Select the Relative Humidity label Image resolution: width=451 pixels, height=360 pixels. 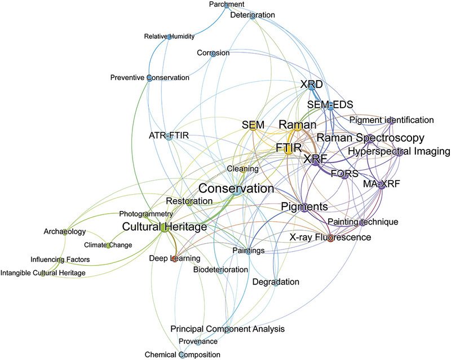pyautogui.click(x=169, y=37)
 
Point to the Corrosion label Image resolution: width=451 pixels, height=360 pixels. pyautogui.click(x=213, y=53)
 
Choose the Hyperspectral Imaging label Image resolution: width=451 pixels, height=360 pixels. pyautogui.click(x=399, y=151)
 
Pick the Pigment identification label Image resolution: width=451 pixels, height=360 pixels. pyautogui.click(x=392, y=120)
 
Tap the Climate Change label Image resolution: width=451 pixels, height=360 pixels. pyautogui.click(x=108, y=245)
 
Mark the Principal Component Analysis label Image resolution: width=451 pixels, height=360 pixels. pyautogui.click(x=228, y=329)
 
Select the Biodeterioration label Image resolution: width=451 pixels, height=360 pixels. pyautogui.click(x=220, y=270)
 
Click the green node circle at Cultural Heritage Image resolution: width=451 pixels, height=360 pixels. pyautogui.click(x=163, y=228)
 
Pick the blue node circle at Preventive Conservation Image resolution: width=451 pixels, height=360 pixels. pyautogui.click(x=149, y=78)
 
